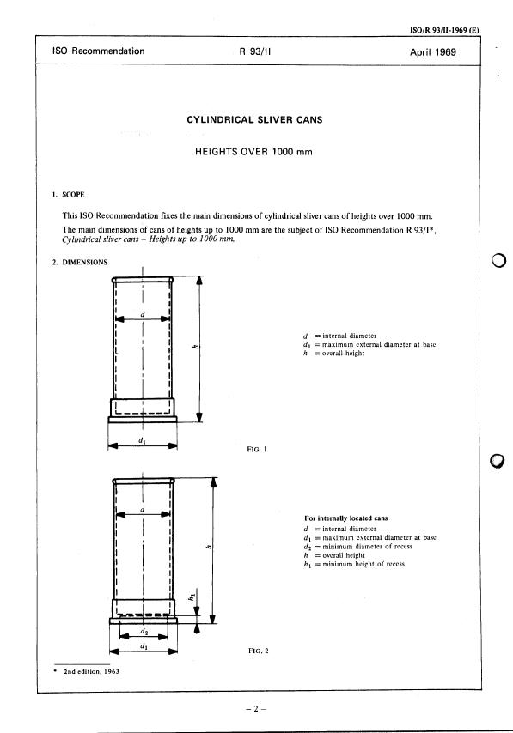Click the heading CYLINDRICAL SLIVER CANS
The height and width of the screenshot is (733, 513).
pyautogui.click(x=254, y=119)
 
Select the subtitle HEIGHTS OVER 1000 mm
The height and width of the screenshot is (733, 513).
pyautogui.click(x=253, y=152)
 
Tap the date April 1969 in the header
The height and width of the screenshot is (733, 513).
pyautogui.click(x=433, y=52)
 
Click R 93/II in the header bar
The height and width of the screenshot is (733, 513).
pyautogui.click(x=255, y=51)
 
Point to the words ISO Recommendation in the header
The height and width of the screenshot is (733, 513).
pyautogui.click(x=98, y=51)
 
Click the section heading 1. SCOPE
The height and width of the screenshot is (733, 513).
pyautogui.click(x=69, y=195)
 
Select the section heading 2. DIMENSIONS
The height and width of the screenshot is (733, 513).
pyautogui.click(x=80, y=263)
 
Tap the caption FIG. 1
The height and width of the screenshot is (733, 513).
pyautogui.click(x=257, y=449)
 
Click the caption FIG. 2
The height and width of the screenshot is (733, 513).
pyautogui.click(x=259, y=651)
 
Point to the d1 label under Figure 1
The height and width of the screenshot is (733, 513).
pyautogui.click(x=142, y=440)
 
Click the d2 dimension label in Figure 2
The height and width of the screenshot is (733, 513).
pyautogui.click(x=144, y=632)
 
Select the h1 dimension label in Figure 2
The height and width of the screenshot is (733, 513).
pyautogui.click(x=192, y=597)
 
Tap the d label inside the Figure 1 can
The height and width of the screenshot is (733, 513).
pyautogui.click(x=143, y=315)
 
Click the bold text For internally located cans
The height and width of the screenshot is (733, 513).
pyautogui.click(x=346, y=518)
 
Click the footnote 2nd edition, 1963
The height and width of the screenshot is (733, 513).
pyautogui.click(x=91, y=671)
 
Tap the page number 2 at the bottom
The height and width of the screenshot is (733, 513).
pyautogui.click(x=256, y=709)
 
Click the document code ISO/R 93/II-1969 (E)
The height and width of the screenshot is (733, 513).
pyautogui.click(x=444, y=30)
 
